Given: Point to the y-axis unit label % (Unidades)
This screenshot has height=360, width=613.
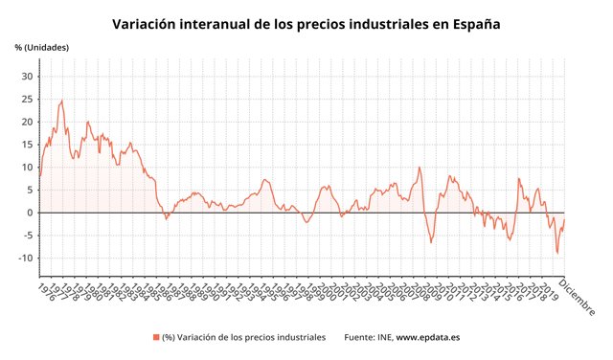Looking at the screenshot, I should pos(42,47).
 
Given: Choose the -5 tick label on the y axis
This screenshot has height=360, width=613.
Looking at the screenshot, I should pos(28,236).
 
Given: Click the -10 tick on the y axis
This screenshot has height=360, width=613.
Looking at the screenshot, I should pos(26,259).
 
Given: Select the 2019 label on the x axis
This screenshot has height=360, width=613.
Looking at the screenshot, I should pos(548,291).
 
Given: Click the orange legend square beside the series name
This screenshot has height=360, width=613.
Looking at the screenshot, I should pos(155,337).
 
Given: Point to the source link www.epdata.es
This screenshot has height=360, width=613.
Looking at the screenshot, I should pos(429,337).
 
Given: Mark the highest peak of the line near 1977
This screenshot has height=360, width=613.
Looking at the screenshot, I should pos(62,100).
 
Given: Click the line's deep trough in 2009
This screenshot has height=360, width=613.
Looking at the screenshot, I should pos(431,242).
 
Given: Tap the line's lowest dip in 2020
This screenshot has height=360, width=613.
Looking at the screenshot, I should pos(557,254).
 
